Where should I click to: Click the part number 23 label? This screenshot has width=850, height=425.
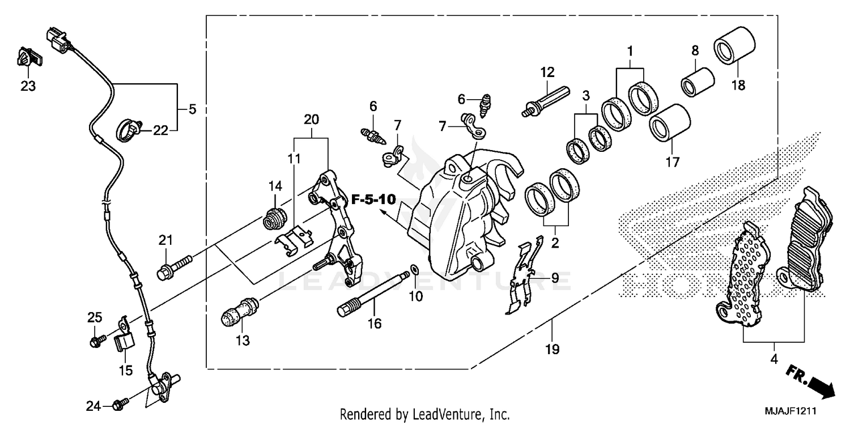point(28,86)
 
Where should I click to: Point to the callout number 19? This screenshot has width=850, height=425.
point(552,350)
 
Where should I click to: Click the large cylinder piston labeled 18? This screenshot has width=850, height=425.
point(734,44)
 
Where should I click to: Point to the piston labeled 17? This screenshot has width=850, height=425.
point(670,122)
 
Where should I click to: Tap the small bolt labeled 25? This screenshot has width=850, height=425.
point(97,341)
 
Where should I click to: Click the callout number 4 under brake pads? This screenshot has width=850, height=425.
point(773,359)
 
